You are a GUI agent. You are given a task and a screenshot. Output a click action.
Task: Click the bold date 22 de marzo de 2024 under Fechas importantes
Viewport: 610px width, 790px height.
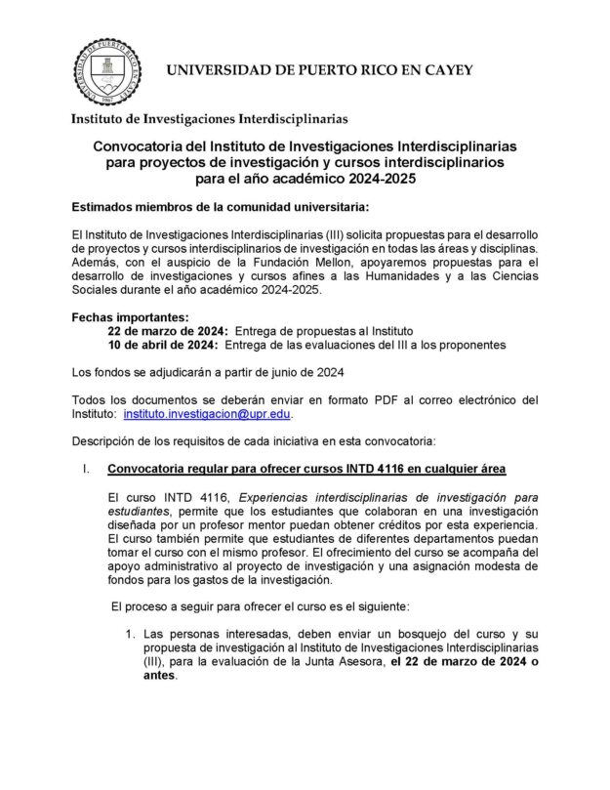click(167, 331)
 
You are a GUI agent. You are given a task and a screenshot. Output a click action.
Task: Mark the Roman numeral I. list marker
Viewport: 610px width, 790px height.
click(86, 470)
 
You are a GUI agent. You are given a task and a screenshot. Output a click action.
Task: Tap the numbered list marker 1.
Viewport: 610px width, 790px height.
click(130, 635)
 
